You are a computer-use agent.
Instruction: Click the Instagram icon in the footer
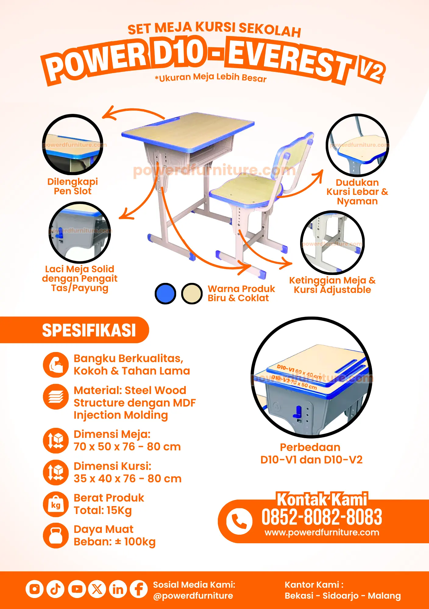pos(34,589)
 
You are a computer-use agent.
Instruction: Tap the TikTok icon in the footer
pos(55,589)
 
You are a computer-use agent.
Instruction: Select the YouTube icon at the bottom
pos(76,589)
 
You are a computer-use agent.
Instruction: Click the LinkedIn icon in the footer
pos(118,589)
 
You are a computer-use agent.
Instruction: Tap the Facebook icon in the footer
pos(139,589)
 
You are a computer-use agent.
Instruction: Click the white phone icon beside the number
pos(239,521)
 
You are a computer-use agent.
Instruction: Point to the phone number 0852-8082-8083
pos(322,517)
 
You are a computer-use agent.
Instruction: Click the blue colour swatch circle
pos(165,294)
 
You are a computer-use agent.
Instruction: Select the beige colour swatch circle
pos(192,294)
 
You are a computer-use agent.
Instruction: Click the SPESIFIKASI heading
pos(89,330)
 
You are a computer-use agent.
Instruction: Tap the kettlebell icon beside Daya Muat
pos(56,536)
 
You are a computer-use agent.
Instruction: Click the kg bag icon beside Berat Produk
pos(56,504)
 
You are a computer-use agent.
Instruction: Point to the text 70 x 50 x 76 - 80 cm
pos(127,447)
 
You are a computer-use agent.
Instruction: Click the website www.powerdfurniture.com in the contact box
pos(322,533)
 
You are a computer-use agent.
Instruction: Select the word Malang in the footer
pos(384,596)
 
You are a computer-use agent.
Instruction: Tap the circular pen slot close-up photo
pos(73,145)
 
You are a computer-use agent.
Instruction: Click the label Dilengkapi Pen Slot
pos(73,186)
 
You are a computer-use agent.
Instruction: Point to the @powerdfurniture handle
pos(193,596)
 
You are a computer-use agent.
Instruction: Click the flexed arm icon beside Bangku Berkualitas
pos(56,365)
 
